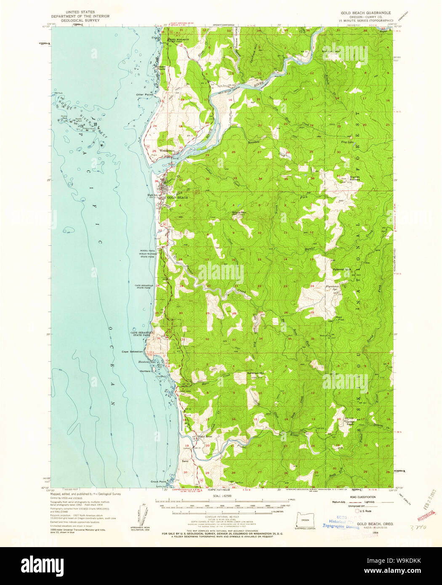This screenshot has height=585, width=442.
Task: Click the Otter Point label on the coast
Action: click(144, 94)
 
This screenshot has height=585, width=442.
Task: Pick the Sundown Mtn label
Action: click(255, 373)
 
